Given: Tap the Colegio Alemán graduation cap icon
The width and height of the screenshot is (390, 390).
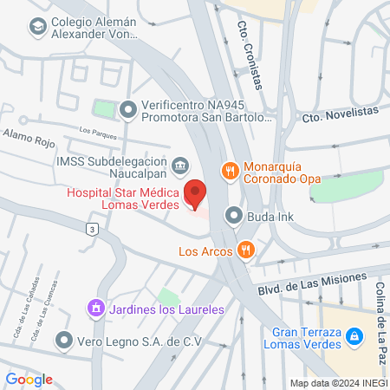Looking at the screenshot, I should click(37, 28).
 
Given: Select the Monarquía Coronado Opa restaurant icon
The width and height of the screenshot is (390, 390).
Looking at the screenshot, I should click(230, 171).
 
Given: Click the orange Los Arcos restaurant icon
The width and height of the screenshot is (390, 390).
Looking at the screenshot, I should click(247, 251).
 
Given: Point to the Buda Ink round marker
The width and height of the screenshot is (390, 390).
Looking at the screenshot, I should click(233, 215).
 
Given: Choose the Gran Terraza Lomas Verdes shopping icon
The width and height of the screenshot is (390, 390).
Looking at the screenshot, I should click(353, 336).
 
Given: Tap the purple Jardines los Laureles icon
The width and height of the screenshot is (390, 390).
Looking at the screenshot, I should click(94, 309).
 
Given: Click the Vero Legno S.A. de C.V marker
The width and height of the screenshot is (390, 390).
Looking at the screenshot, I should click(63, 341).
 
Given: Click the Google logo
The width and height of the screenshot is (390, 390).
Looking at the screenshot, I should click(29, 379).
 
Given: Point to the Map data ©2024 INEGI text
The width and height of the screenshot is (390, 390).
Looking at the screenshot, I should click(338, 383).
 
